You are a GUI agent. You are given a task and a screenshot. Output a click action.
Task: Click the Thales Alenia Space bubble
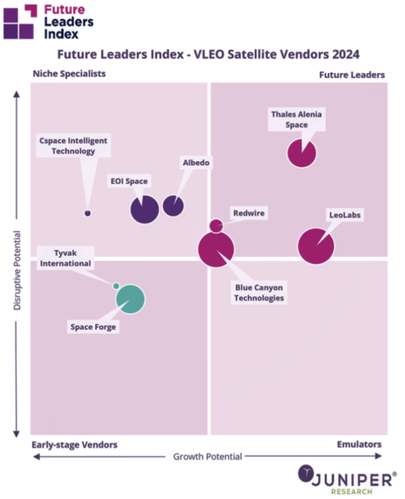[302, 153]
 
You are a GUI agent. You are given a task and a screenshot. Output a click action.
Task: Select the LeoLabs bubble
[316, 246]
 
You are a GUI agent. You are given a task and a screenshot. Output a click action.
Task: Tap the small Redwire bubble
[215, 226]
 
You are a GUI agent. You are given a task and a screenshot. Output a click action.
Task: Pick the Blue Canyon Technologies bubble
[216, 249]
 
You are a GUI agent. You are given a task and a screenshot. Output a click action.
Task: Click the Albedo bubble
[173, 206]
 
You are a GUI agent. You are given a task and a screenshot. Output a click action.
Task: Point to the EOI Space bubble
[144, 208]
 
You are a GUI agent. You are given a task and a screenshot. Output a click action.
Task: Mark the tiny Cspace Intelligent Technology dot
[88, 213]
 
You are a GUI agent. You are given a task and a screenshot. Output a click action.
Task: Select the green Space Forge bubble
[130, 299]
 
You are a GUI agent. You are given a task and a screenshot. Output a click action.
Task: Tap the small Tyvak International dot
[116, 286]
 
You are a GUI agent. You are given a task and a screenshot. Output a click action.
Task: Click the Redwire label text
[248, 213]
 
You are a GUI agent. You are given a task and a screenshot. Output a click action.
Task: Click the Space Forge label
[93, 327]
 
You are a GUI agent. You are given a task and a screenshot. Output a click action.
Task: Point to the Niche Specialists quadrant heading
[69, 73]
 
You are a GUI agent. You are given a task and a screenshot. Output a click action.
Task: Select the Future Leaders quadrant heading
[352, 75]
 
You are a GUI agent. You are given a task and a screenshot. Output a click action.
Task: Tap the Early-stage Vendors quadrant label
[75, 444]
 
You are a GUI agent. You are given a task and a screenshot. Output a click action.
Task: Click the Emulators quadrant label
[359, 444]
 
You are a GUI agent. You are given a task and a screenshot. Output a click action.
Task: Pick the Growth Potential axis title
[207, 456]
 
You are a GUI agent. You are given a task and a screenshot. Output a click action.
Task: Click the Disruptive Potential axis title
[17, 270]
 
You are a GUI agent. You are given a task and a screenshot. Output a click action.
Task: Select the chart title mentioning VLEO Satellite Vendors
[208, 55]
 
